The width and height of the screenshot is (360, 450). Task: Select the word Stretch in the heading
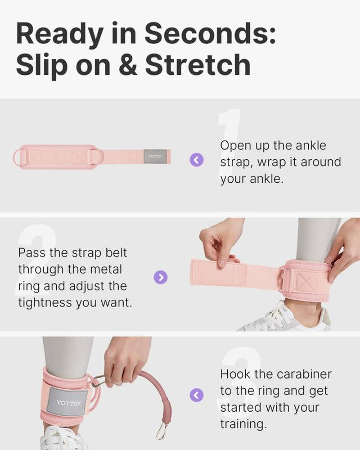point(198,64)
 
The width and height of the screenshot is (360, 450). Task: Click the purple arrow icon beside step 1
point(197,159)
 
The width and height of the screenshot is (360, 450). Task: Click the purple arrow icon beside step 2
point(161,277)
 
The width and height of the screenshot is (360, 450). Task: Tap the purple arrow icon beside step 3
point(197,395)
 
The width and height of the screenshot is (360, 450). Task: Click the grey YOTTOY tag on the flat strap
point(157,157)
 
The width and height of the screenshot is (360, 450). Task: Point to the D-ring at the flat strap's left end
point(19,157)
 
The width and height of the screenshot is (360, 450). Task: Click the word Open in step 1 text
point(233,145)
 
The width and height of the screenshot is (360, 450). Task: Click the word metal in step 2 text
point(105,269)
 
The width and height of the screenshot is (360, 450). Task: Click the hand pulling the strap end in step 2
point(220,243)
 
